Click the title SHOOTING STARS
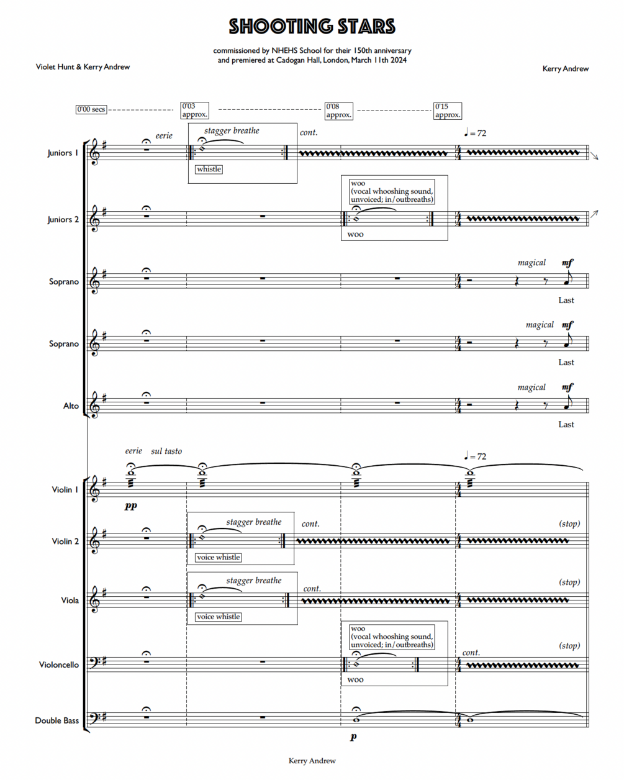(312, 27)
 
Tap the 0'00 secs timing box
(91, 109)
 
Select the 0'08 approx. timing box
(339, 111)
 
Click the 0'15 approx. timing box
(448, 111)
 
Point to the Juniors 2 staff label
(63, 220)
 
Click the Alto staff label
(71, 406)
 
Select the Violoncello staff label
(59, 664)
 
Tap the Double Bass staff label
(57, 720)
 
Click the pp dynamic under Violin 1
(131, 506)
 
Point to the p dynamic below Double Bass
(353, 737)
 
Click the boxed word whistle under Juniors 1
(209, 170)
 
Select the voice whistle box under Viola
(219, 617)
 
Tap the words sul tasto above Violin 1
(166, 451)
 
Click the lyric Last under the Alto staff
(566, 424)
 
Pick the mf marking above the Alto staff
(567, 387)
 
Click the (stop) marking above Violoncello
(569, 645)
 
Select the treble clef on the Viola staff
(94, 601)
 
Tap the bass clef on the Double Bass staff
(95, 717)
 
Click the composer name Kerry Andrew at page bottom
(312, 761)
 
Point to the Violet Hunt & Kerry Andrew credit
(83, 67)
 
